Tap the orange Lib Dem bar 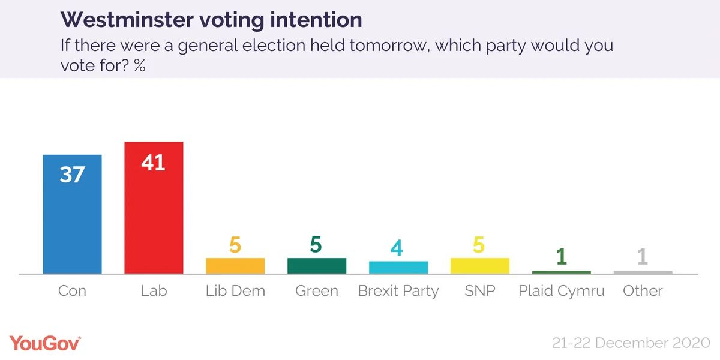coord(235,266)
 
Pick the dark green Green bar coord(317,266)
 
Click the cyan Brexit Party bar coord(398,268)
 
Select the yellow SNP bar coord(480,266)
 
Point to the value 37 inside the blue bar coord(72,175)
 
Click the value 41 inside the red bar coord(154,162)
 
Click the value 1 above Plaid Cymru coord(562,257)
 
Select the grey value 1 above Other coord(643,257)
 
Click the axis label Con coord(72,291)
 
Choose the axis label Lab coord(154,291)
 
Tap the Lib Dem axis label coord(235,291)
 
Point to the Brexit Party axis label coord(398,292)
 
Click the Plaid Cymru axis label coord(562,292)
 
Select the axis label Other coord(643,291)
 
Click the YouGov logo coord(45,343)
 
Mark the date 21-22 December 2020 coord(631,344)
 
